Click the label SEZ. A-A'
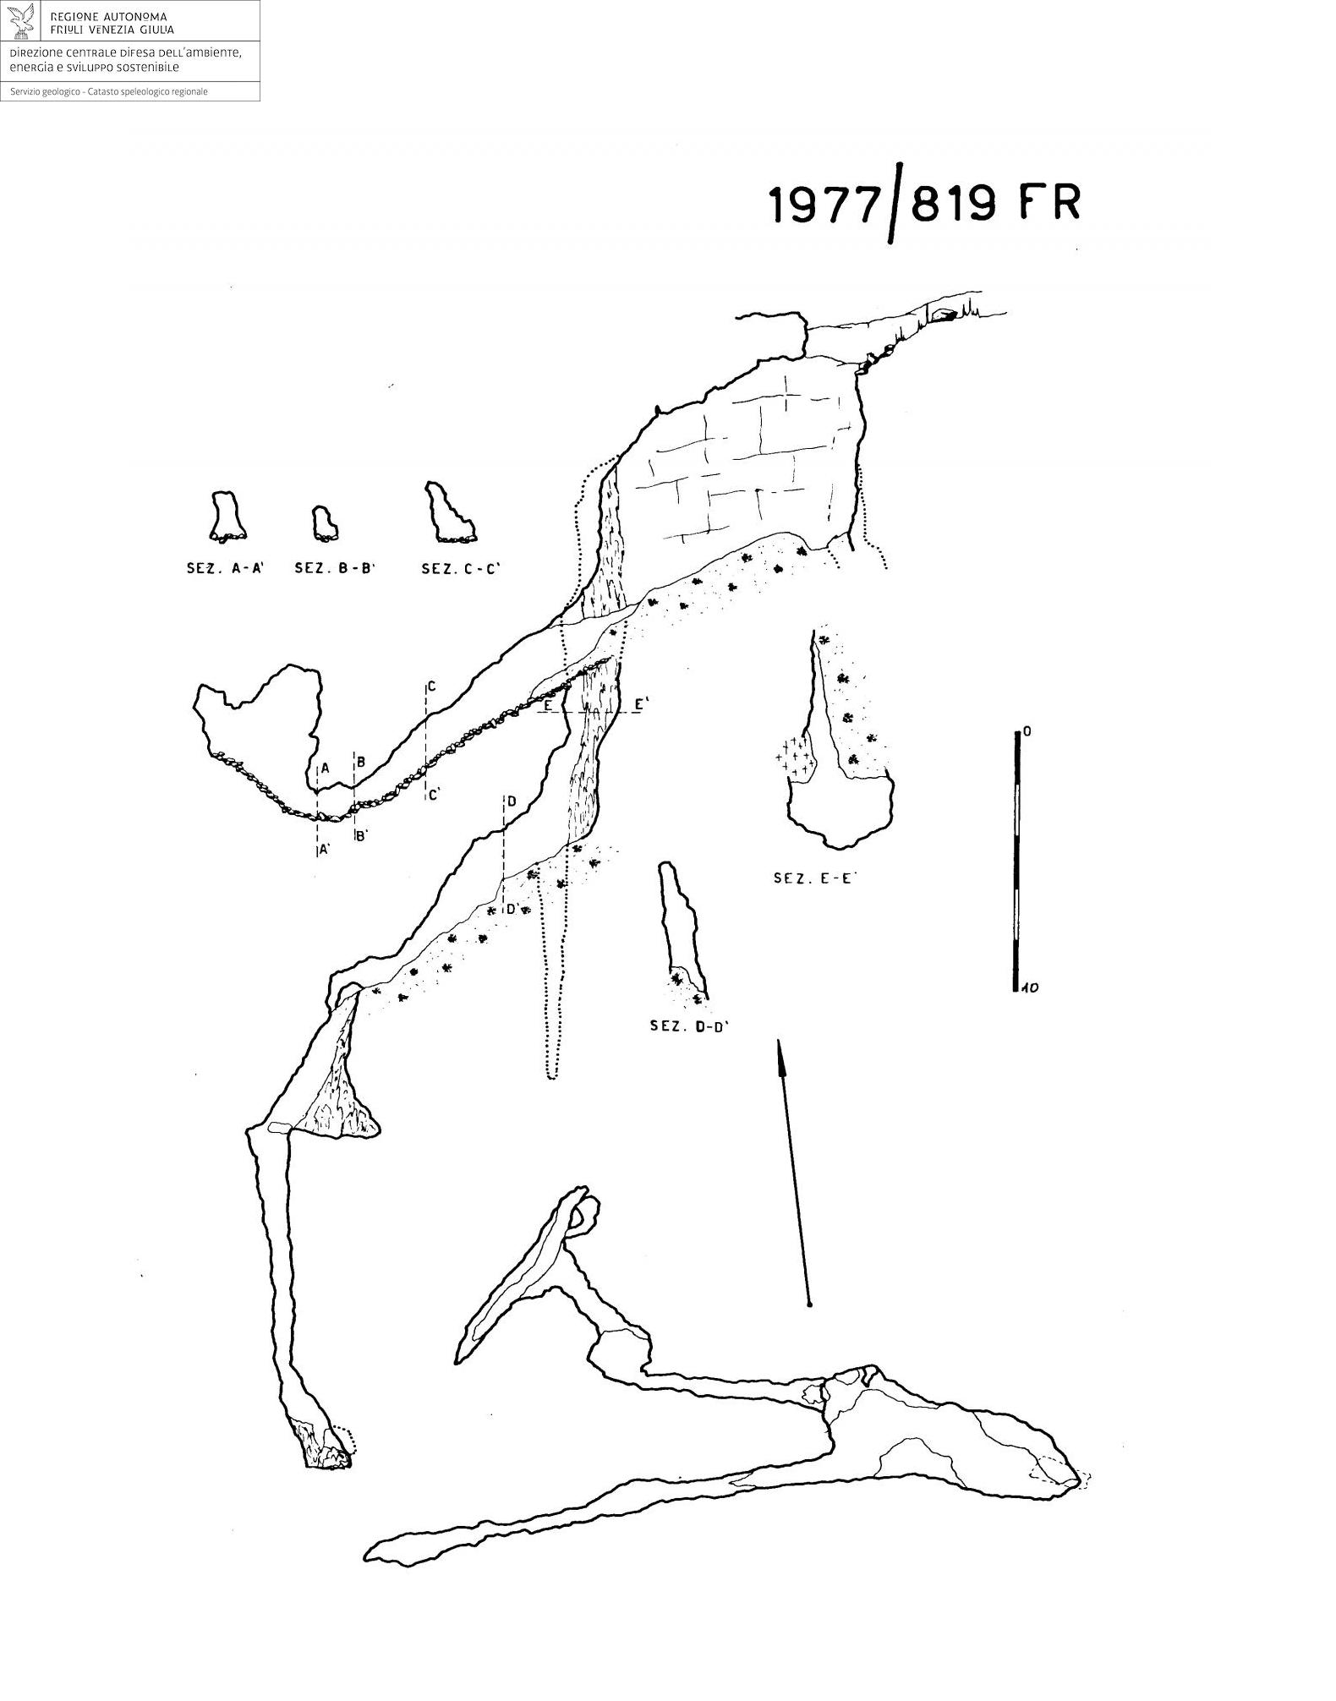coord(226,569)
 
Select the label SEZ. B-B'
coord(334,569)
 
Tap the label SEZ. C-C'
coord(461,569)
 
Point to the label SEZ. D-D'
coord(689,1026)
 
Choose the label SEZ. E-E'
coord(815,878)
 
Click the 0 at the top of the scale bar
coord(1027,731)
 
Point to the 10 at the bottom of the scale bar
coord(1030,987)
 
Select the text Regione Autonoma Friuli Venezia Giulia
coord(112,23)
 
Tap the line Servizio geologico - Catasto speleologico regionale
coord(109,91)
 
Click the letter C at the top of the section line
coord(431,686)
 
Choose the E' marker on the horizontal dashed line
coord(641,704)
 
